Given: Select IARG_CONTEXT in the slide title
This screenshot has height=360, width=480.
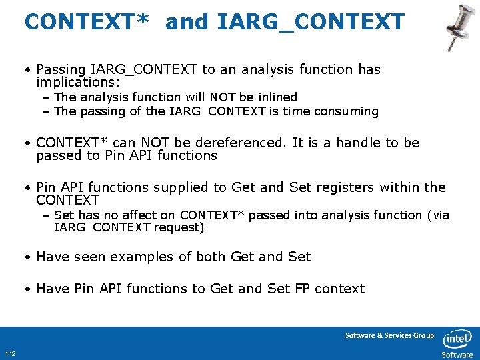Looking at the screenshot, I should coord(311,22).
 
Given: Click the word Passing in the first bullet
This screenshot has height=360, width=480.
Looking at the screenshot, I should coord(59,69).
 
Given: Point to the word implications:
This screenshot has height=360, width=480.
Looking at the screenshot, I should coord(78,82).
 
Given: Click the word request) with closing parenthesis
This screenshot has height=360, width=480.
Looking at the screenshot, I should coord(179,227).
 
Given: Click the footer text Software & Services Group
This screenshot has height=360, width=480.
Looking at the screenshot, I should coord(389,335).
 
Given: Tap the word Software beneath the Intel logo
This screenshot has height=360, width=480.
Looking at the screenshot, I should coord(457,355).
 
